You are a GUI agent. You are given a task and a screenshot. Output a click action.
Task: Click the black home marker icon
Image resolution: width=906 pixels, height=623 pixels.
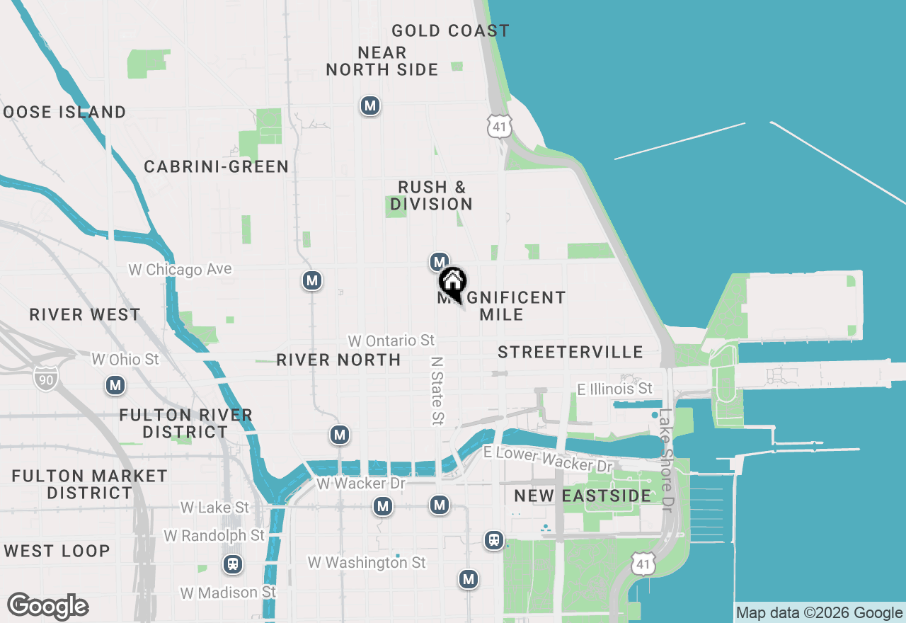pos(452,283)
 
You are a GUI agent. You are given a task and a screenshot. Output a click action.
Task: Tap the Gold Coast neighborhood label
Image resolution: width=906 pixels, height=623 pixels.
pos(450,30)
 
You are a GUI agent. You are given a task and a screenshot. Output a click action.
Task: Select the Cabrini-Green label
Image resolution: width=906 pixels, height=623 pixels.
pos(216,166)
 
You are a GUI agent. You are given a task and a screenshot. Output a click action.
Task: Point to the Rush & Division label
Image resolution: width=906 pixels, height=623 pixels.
pos(431,195)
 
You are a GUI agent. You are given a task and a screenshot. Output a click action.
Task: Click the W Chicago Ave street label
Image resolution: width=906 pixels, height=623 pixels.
pos(180,270)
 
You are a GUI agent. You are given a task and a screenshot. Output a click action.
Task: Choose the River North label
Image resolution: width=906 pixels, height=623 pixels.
pos(338,360)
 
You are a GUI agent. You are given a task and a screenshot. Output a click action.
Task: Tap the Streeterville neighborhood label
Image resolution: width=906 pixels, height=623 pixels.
pos(570,352)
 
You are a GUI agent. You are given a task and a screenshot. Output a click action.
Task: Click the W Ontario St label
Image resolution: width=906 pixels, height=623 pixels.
pos(391,341)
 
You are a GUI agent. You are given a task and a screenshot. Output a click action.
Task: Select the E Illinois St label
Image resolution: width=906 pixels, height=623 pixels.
pos(614,389)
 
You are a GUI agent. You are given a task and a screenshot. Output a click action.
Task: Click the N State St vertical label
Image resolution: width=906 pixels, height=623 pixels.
pos(437,390)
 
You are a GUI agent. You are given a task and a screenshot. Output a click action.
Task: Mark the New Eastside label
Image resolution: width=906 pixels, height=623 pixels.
pos(582,496)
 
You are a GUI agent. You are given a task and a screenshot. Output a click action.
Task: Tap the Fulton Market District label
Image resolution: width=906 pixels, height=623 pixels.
pos(89,484)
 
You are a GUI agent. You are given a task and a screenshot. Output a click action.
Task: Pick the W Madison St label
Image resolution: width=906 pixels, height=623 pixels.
pos(228,592)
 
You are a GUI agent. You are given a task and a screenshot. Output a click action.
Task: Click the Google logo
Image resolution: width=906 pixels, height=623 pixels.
pos(47,606)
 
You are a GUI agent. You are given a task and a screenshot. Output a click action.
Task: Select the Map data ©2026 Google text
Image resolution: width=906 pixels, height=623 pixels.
pos(819,613)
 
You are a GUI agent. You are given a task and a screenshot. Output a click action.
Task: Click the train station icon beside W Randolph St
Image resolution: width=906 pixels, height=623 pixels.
pos(232,564)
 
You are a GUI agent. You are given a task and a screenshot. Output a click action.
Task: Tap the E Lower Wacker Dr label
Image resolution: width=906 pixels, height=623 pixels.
pos(548,459)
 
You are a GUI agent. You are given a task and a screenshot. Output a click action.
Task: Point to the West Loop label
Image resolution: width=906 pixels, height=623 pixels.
pos(56,551)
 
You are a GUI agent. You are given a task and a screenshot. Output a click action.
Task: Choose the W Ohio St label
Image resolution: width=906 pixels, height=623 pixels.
pos(125,360)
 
